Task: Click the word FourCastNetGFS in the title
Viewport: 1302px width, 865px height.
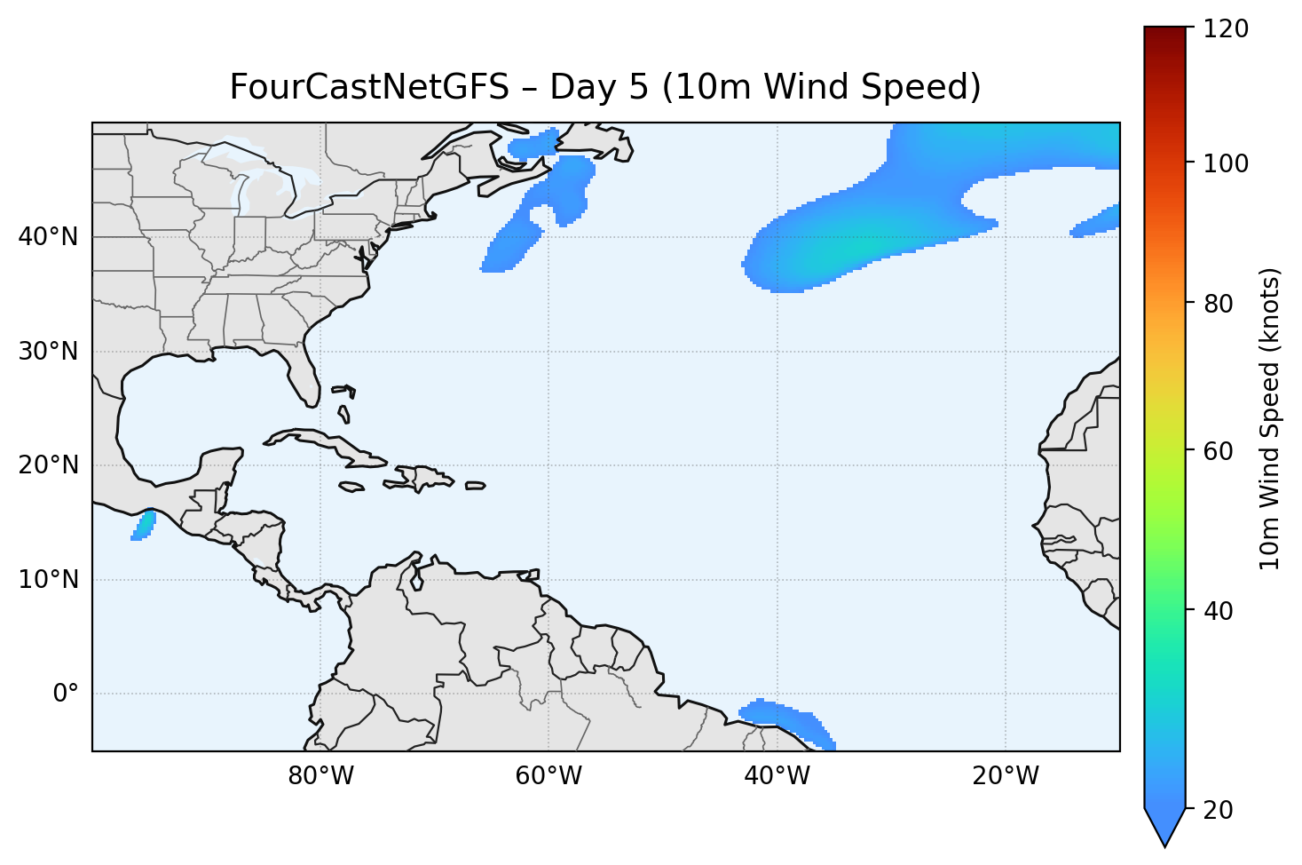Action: click(369, 87)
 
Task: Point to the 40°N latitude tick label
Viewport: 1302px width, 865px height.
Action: click(48, 237)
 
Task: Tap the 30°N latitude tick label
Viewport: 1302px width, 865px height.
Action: click(48, 352)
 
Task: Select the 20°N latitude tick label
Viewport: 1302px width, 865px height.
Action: click(48, 465)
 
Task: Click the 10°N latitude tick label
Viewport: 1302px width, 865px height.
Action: click(48, 580)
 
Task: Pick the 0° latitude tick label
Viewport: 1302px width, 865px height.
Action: click(66, 694)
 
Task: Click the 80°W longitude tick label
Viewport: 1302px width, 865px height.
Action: click(320, 776)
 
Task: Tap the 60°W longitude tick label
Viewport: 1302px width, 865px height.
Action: click(548, 776)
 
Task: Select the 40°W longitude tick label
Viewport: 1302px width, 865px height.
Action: click(777, 776)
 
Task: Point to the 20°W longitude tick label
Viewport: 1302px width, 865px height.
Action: click(1005, 776)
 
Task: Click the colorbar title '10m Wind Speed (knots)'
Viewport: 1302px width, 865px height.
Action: click(1270, 418)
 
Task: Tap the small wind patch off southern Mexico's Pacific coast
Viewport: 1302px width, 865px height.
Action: click(143, 526)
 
